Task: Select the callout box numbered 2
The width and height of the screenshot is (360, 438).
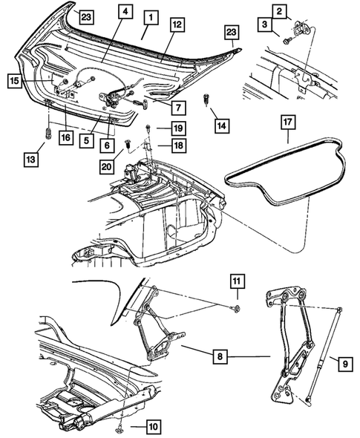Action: click(x=279, y=11)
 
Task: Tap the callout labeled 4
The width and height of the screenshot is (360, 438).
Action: click(x=124, y=11)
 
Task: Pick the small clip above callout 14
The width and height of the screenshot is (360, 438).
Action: click(x=207, y=97)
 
